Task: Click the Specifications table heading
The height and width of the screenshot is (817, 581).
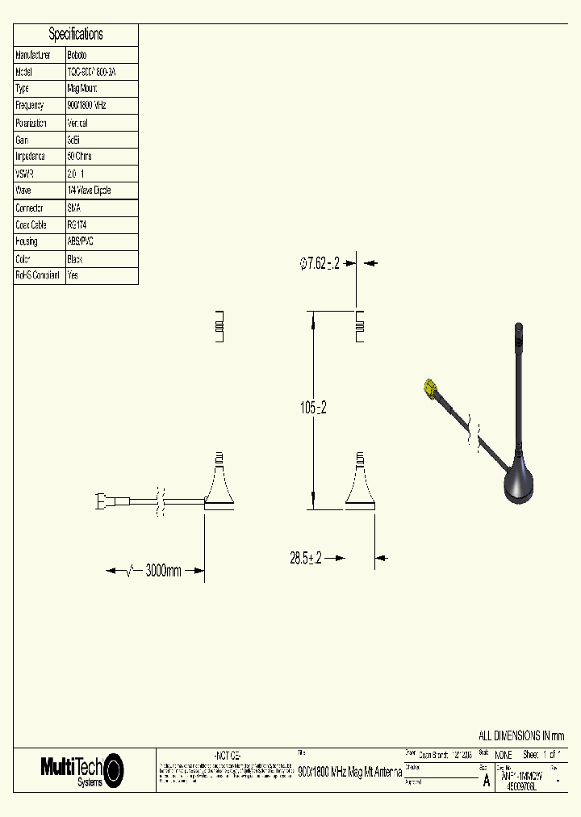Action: (x=76, y=34)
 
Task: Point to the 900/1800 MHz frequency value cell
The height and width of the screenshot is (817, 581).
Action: (x=87, y=106)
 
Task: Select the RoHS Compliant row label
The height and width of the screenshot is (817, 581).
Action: (x=38, y=275)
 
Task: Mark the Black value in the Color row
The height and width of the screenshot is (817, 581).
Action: (x=75, y=259)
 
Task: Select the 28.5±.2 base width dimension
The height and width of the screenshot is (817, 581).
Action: (x=306, y=558)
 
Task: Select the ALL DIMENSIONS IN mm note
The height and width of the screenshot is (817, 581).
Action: (x=521, y=735)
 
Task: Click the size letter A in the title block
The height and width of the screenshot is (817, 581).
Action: (x=486, y=781)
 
